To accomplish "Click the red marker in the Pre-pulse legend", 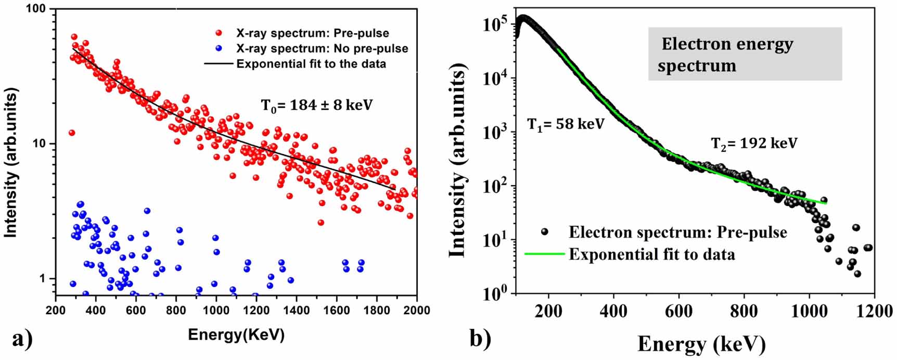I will point(219,33).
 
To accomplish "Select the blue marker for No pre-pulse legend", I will point(219,49).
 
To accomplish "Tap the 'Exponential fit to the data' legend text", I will point(311,64).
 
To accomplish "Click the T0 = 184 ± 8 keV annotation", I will point(316,106).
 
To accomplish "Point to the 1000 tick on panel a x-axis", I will point(215,311).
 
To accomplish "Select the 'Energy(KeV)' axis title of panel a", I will point(236,335).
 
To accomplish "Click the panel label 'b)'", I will point(480,339).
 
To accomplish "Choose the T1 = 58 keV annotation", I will point(566,124).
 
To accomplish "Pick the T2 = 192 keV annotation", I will point(754,143).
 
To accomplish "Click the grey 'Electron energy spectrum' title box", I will point(745,54).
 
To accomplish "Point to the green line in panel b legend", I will point(544,254).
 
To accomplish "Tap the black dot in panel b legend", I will point(544,232).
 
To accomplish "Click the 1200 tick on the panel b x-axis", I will point(874,311).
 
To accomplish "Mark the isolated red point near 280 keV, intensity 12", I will point(72,133).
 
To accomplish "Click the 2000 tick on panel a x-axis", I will point(416,311).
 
